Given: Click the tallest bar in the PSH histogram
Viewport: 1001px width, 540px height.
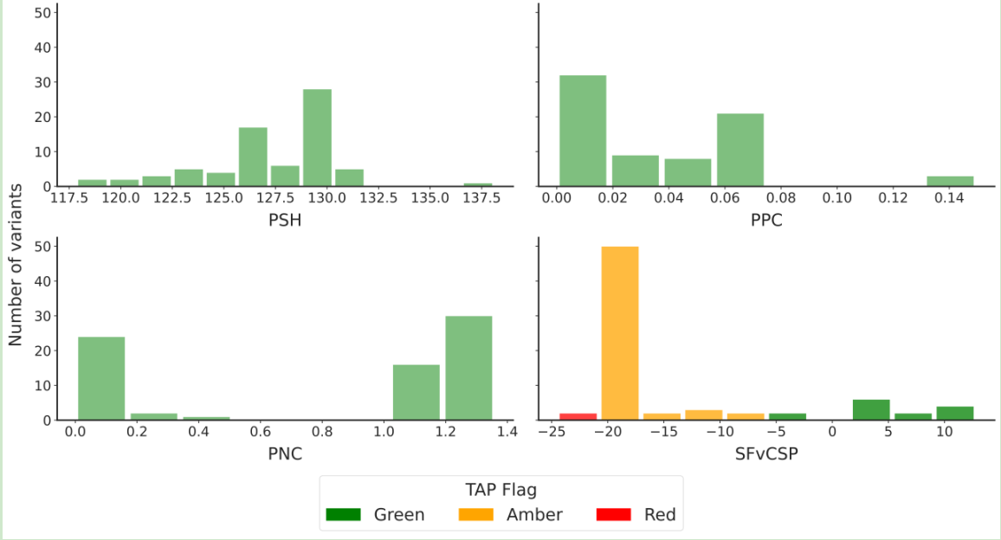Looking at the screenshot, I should tap(317, 138).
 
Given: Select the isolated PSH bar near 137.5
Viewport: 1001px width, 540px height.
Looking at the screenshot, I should tap(477, 184).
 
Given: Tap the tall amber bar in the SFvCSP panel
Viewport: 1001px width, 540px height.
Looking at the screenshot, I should tap(620, 333).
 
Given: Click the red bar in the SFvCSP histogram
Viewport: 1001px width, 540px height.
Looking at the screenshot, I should tap(578, 416).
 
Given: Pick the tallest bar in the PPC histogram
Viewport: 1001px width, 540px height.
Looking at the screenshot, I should tap(583, 131).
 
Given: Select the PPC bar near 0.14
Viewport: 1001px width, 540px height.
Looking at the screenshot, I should tap(950, 181).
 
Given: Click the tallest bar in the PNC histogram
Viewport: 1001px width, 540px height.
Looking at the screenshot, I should tap(468, 368).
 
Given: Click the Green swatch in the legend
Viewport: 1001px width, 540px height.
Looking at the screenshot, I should tap(343, 515).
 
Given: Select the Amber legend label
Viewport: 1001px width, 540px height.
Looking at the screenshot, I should tap(534, 515).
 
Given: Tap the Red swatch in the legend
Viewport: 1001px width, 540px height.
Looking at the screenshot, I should tap(614, 515).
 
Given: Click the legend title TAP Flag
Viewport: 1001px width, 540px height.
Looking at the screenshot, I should tap(500, 489).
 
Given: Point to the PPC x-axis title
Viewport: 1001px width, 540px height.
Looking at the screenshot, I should tap(766, 221).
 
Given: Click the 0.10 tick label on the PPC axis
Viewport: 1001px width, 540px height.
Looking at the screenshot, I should tap(837, 198).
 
